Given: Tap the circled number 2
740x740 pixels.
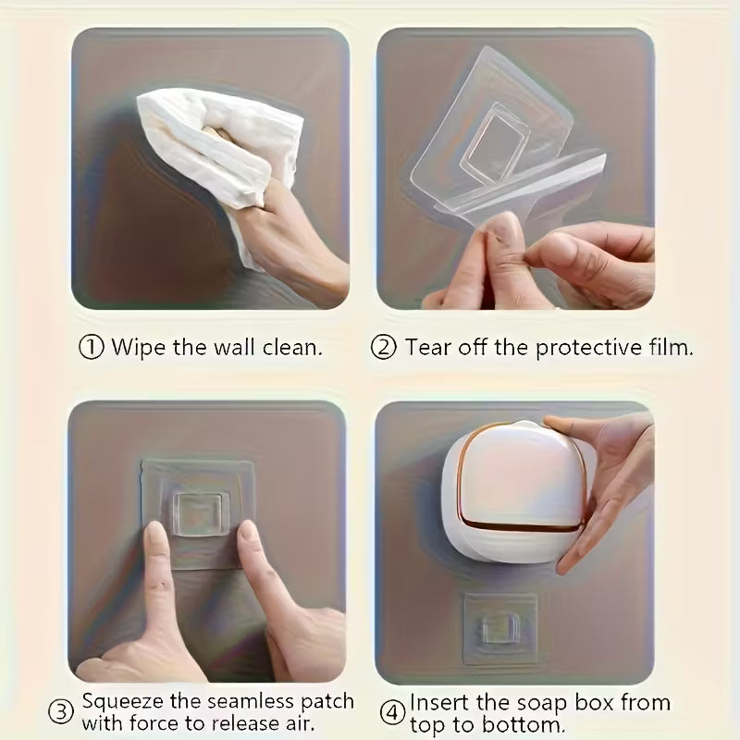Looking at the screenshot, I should click(384, 348).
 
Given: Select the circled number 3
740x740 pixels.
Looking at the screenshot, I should click(61, 711).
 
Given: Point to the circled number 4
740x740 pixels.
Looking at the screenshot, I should click(394, 711).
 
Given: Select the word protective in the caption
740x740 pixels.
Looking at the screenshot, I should click(577, 348).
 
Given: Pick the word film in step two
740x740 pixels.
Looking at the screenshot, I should click(670, 348).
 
